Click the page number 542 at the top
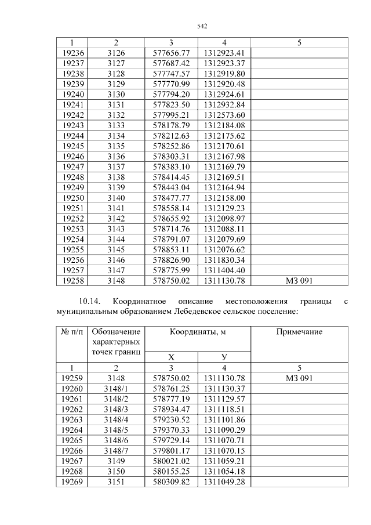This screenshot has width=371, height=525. click(202, 27)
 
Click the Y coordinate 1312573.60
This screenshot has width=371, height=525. click(224, 115)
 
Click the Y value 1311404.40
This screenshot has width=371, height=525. click(224, 270)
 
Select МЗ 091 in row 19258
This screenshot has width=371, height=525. click(299, 281)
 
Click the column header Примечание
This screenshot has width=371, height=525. click(299, 332)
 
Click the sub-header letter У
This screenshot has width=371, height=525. click(224, 357)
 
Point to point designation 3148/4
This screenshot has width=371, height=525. click(116, 419)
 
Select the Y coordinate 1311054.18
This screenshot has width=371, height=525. click(224, 472)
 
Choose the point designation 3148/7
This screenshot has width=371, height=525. click(116, 451)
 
